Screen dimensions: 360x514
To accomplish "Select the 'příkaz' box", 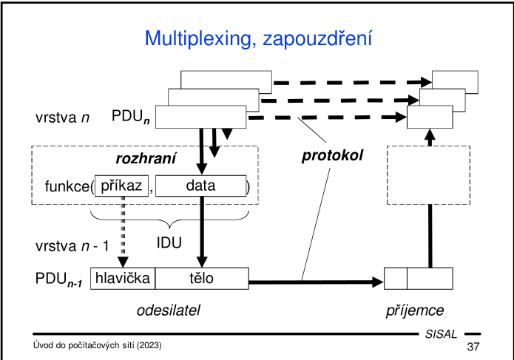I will click(121, 186).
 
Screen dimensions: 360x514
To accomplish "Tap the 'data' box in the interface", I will click(200, 186).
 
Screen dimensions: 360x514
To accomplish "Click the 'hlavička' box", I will click(123, 279).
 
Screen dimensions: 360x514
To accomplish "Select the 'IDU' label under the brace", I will click(169, 242).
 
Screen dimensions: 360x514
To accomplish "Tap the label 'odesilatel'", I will click(169, 310).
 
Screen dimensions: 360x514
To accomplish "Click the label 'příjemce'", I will click(415, 310).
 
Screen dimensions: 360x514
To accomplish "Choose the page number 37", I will click(473, 347).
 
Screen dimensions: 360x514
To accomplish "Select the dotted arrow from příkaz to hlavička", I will click(123, 229).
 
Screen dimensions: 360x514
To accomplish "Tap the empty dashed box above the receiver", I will click(429, 174).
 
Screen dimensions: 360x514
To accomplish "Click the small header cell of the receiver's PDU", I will click(396, 279).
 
